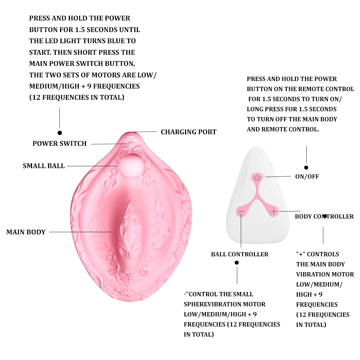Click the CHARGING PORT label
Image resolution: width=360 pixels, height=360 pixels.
(189, 132)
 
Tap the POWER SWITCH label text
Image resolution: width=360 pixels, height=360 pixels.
(60, 144)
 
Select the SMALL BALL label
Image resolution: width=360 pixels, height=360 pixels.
(44, 166)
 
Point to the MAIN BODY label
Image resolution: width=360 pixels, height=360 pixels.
(26, 232)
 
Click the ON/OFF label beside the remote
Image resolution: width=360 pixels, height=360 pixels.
(307, 176)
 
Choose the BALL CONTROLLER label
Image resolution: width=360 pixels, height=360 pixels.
(239, 254)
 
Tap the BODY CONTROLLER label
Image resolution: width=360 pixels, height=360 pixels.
(324, 216)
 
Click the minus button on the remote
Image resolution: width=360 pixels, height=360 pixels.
(241, 211)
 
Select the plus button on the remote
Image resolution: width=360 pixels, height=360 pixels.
(274, 211)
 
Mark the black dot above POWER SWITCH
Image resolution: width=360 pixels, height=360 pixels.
(60, 133)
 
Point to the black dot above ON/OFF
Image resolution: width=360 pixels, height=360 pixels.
(306, 167)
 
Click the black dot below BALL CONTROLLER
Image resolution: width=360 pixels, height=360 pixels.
(237, 263)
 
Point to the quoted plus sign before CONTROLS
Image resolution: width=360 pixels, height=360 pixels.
(300, 254)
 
